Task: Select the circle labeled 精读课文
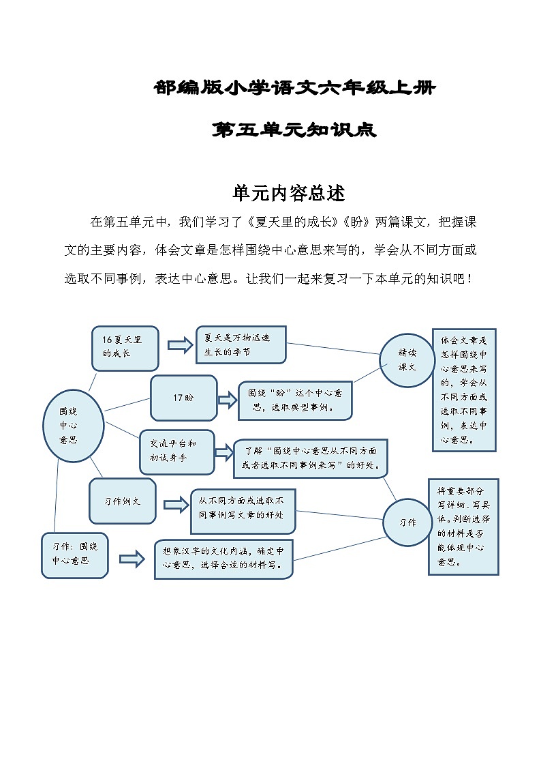coord(407,359)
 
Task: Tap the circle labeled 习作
coord(407,522)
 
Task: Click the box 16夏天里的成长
coord(125,347)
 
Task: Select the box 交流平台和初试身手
coord(176,452)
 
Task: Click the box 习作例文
coord(123,501)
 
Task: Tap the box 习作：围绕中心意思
coord(75,555)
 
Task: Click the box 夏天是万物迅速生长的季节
coord(241,345)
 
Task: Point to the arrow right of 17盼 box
coord(226,400)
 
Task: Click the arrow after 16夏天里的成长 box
coord(181,345)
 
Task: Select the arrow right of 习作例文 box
coord(176,505)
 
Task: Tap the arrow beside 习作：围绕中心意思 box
coord(132,559)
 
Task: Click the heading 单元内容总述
coord(289,193)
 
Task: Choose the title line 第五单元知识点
coord(294,130)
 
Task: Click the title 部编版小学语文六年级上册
coord(294,88)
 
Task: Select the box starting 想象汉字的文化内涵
coord(223,559)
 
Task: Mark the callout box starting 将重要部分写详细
coord(463,526)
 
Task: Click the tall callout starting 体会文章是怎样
coord(464,389)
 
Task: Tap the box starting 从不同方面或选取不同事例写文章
coord(243,510)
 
